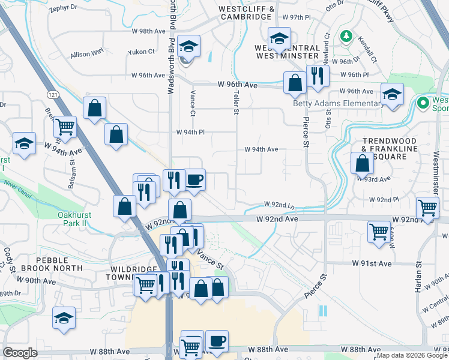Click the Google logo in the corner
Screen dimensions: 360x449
(x=20, y=353)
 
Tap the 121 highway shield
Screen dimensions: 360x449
(x=52, y=95)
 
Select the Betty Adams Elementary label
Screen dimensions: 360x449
(x=337, y=103)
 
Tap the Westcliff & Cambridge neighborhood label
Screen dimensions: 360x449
(x=247, y=13)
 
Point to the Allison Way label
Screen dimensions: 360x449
(x=87, y=54)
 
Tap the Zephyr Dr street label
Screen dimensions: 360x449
(x=64, y=8)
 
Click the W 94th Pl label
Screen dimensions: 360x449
(x=191, y=133)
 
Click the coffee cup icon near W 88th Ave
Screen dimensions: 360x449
(x=217, y=340)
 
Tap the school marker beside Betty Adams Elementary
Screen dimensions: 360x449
(x=393, y=94)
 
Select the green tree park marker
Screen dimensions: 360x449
(x=346, y=37)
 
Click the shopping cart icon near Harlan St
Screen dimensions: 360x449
(x=427, y=208)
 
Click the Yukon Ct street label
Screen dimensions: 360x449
(x=141, y=52)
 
